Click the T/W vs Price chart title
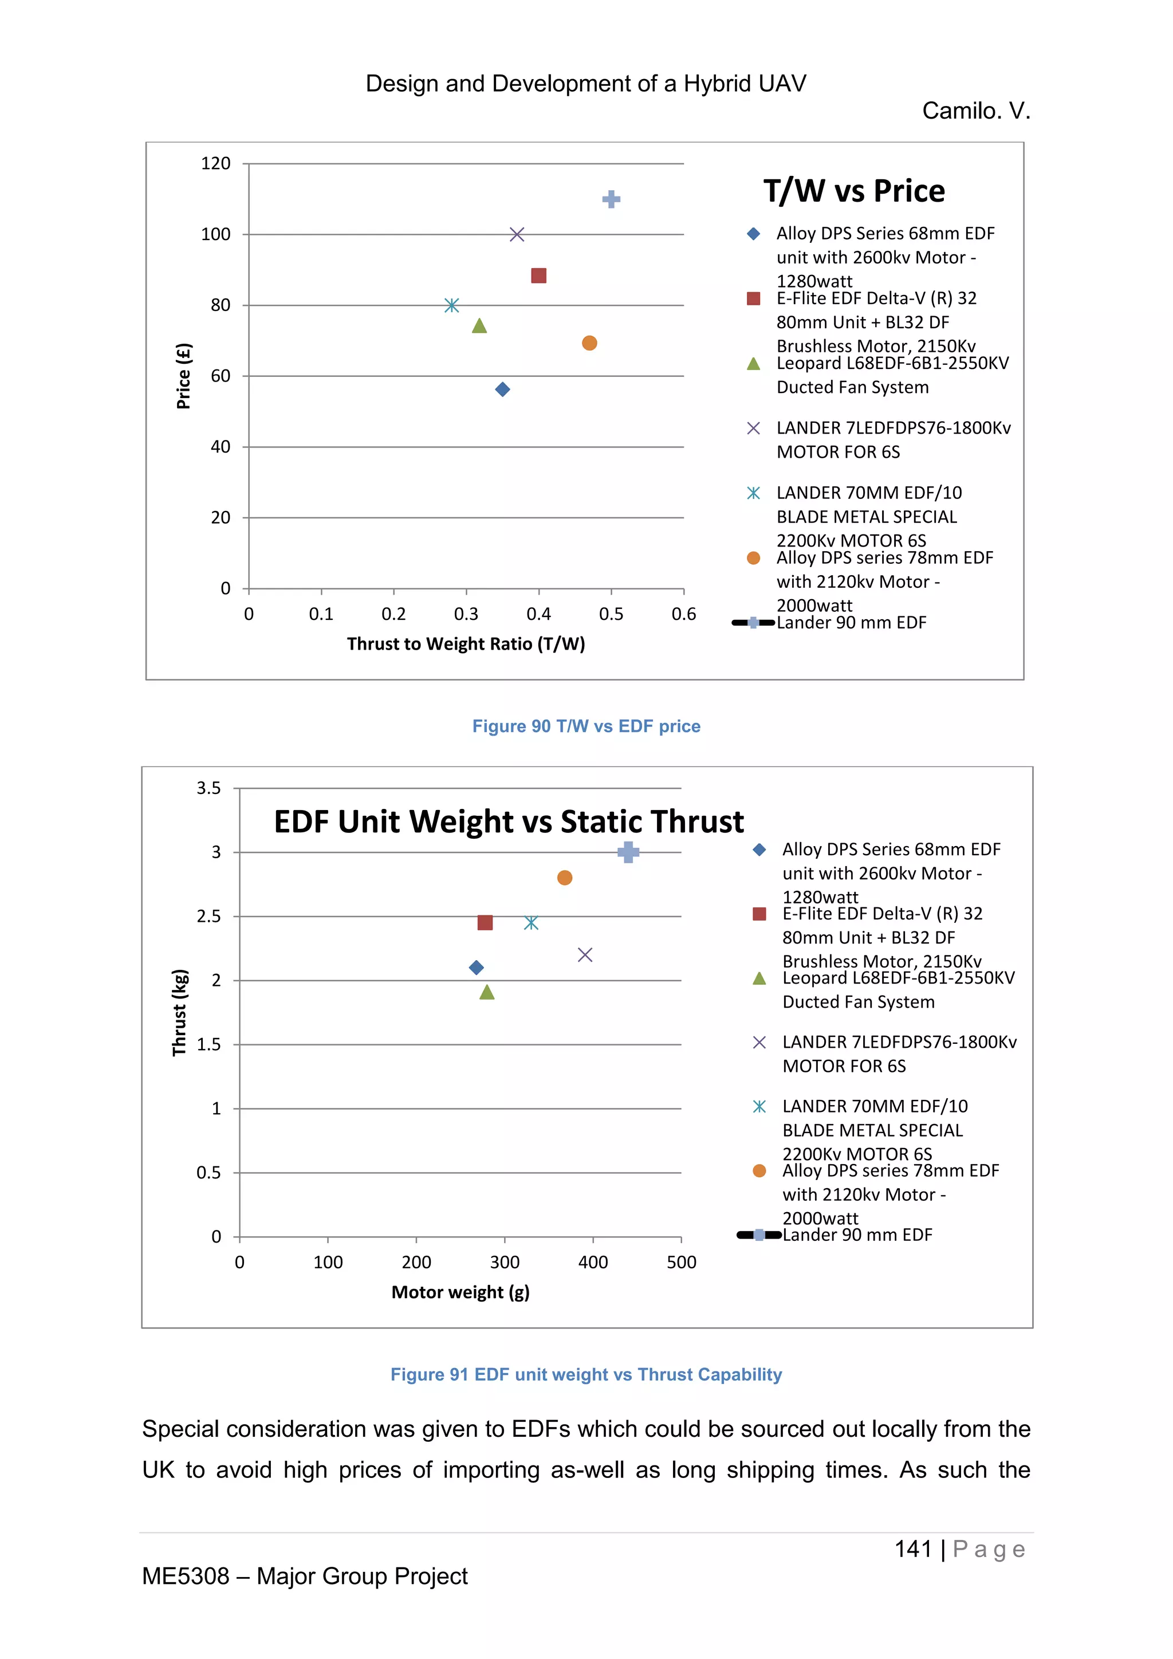click(854, 191)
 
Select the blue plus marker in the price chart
click(611, 199)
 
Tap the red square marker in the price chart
click(539, 276)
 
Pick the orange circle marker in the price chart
click(589, 343)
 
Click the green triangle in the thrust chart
click(487, 993)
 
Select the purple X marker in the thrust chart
click(585, 955)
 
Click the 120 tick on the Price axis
click(215, 164)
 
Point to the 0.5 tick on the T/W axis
click(611, 614)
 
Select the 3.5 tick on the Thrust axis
click(208, 788)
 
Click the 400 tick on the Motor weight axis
click(593, 1263)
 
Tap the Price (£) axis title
click(183, 376)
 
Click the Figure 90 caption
click(586, 726)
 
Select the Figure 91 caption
click(586, 1374)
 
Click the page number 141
click(913, 1549)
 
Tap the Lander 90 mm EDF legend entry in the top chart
click(851, 623)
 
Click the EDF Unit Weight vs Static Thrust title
click(509, 821)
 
